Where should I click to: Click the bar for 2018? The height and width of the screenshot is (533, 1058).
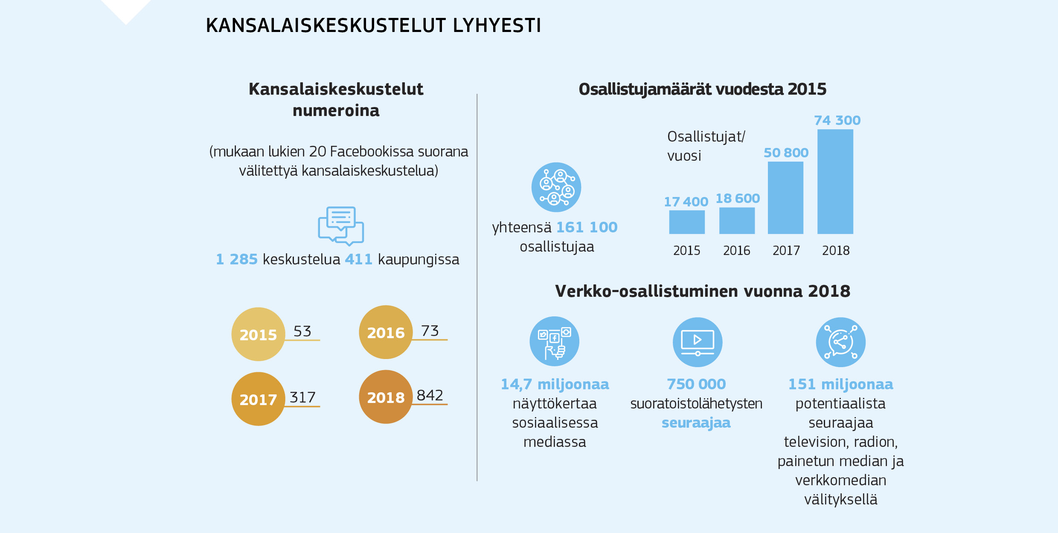pos(835,182)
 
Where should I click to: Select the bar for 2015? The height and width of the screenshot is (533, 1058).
pos(686,222)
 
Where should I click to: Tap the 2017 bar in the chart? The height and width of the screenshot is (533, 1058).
pos(785,198)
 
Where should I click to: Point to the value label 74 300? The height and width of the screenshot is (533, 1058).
pos(837,121)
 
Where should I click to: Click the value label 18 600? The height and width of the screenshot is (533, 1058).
pos(737,198)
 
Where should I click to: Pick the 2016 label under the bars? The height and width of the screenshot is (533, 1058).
pos(736,251)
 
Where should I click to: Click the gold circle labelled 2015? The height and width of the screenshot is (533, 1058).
pos(258,334)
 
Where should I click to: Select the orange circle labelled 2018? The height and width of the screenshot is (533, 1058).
pos(386,397)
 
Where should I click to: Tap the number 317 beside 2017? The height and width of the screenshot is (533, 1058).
pos(302,397)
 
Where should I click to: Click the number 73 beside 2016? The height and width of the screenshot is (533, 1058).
pos(430,331)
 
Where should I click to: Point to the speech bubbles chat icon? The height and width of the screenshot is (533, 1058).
pos(341,226)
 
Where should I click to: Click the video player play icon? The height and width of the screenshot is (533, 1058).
pos(698,342)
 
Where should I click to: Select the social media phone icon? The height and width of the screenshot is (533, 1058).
pos(554,341)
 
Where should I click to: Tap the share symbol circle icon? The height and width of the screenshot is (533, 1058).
pos(840,342)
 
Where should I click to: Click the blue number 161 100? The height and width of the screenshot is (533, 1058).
pos(587,227)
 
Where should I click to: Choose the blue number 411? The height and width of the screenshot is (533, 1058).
pos(358,259)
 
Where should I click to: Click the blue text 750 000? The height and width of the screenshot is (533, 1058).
pos(696,384)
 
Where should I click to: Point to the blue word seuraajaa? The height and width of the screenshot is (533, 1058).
pos(696,423)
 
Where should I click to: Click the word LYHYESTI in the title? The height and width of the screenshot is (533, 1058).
pos(497,26)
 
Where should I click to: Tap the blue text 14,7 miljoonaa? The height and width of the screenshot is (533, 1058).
pos(555,384)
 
